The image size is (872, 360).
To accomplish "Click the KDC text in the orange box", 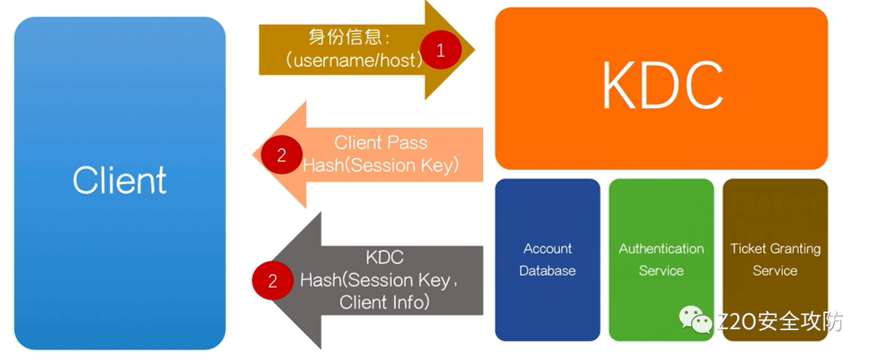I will (x=661, y=88).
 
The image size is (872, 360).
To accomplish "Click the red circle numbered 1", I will (x=440, y=50).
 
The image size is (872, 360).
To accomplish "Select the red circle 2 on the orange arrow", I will (x=281, y=155).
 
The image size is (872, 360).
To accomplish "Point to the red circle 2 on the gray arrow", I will (x=272, y=280).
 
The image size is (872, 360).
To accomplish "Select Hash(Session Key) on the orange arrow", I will (x=380, y=165).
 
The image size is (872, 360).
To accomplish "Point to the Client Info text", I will (x=384, y=303).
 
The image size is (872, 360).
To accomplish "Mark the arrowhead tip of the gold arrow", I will (x=474, y=50).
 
